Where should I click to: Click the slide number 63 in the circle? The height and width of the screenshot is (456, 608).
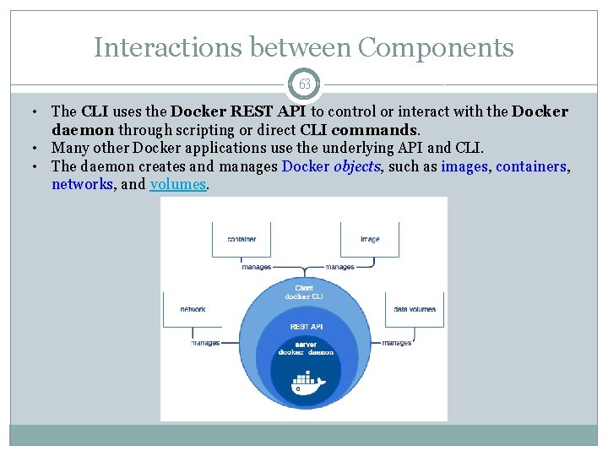[x=304, y=84]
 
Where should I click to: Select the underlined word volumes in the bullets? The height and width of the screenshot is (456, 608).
[x=177, y=184]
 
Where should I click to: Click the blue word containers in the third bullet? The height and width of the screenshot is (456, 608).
[x=531, y=166]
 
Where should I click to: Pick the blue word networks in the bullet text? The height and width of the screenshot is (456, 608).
[x=82, y=184]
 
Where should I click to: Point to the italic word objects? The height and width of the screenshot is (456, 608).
[x=359, y=166]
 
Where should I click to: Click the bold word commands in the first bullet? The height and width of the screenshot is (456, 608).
[x=374, y=130]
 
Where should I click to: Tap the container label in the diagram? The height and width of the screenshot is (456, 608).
[x=242, y=239]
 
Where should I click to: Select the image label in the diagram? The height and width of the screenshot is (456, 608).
[x=369, y=239]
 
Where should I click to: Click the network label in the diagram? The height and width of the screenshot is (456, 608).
[x=193, y=309]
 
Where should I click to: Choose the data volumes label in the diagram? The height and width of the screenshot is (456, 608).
[x=415, y=309]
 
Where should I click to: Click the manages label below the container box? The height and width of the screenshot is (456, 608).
[x=257, y=267]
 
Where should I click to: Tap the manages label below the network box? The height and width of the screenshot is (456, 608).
[x=205, y=343]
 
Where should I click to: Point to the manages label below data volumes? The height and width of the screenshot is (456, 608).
[x=397, y=343]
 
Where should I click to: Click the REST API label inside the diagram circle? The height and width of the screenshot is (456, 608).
[x=306, y=326]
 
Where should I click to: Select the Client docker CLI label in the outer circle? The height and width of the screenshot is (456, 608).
[x=304, y=292]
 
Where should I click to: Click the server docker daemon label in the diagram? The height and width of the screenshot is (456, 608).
[x=307, y=348]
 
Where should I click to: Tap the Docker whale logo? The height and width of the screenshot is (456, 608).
[x=307, y=384]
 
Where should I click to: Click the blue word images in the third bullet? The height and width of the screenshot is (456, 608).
[x=464, y=166]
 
